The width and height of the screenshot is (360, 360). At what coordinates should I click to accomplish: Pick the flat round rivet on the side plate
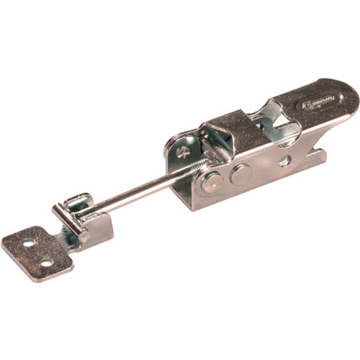(x=241, y=173)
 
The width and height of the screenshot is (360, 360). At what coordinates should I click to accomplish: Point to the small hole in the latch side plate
(x=285, y=161)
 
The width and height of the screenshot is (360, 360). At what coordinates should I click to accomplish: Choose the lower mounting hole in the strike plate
(x=46, y=263)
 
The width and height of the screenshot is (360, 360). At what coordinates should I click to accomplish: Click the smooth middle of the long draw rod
(x=137, y=194)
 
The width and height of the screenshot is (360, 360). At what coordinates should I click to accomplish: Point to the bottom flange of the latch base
(x=252, y=194)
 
